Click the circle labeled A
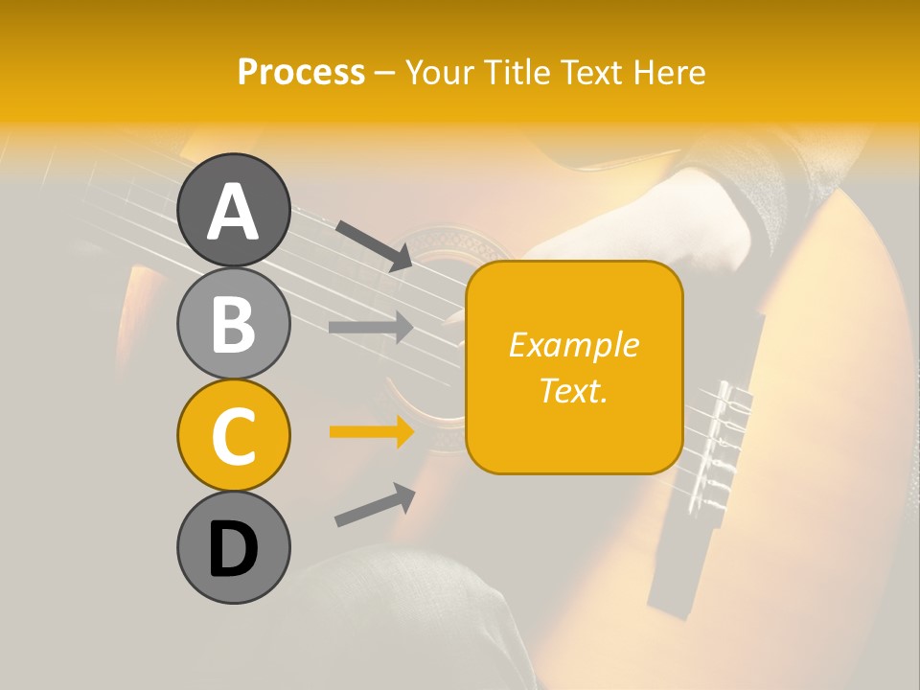click(233, 210)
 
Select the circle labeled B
click(233, 323)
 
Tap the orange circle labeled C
click(233, 435)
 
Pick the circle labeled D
click(233, 548)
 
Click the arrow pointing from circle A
click(374, 244)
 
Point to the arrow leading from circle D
click(375, 505)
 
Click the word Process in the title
click(301, 72)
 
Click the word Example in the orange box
click(573, 345)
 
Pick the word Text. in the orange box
click(573, 390)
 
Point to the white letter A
click(233, 212)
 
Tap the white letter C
click(233, 437)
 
